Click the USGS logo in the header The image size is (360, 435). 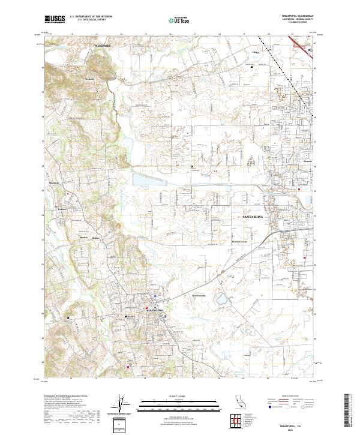coord(55,20)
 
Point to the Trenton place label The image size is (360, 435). coord(89,78)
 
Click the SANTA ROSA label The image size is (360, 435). coord(256,215)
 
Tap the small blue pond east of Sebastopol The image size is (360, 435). coord(223,298)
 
